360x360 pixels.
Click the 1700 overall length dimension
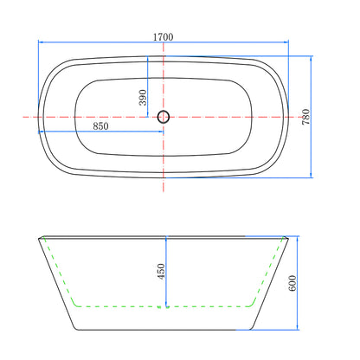tap(163, 37)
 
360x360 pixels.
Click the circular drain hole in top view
tap(164, 117)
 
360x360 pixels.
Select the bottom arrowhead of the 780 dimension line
tap(312, 175)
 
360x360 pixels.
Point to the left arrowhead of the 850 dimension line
tap(41, 132)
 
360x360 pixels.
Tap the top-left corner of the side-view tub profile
tap(37, 235)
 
